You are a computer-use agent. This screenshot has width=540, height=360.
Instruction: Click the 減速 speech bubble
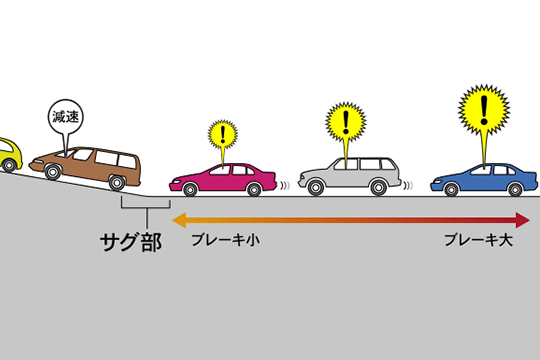pyautogui.click(x=63, y=117)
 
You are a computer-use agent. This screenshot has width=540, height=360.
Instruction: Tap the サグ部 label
pyautogui.click(x=130, y=242)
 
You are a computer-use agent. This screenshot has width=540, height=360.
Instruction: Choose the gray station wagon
pyautogui.click(x=349, y=176)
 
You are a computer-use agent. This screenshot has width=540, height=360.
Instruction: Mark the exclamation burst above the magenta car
pyautogui.click(x=223, y=133)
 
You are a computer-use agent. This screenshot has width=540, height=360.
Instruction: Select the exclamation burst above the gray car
pyautogui.click(x=346, y=123)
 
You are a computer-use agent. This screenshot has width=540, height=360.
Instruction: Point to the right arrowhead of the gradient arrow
pyautogui.click(x=522, y=219)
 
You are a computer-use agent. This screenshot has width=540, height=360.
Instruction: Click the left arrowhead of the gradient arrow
pyautogui.click(x=178, y=219)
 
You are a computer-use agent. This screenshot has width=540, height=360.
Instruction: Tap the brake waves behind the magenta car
pyautogui.click(x=283, y=185)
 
